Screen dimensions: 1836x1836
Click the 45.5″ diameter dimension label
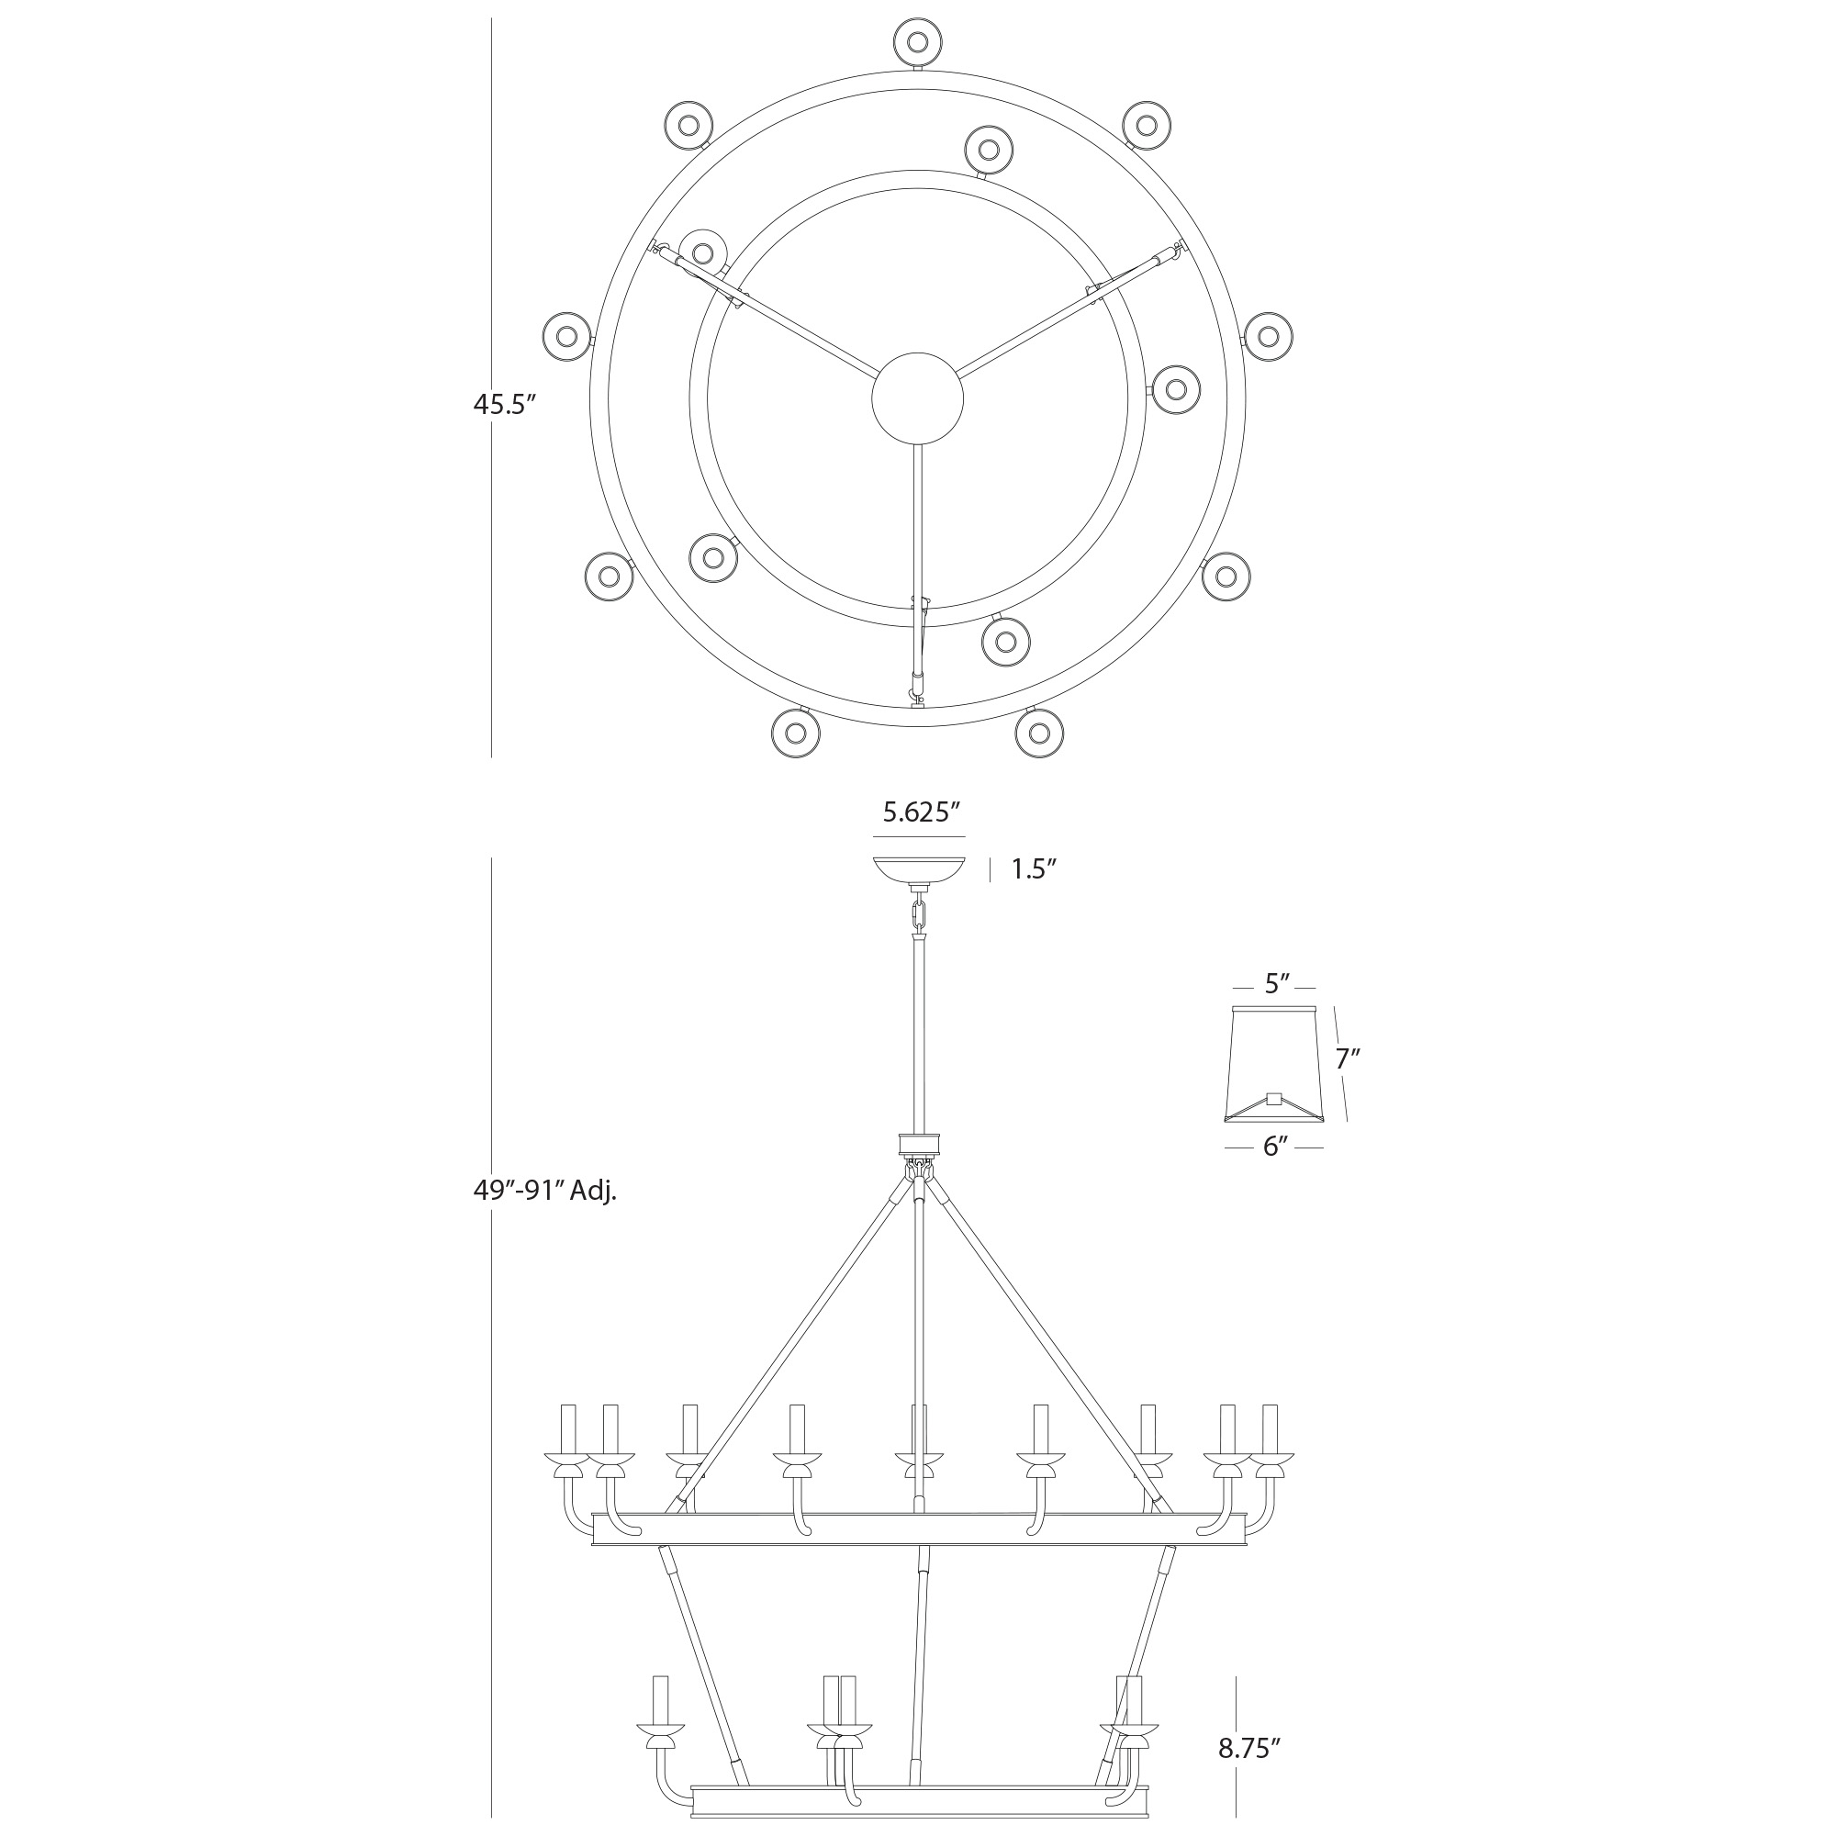506,404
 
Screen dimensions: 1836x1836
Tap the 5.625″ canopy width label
919,812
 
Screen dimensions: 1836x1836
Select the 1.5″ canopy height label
1034,869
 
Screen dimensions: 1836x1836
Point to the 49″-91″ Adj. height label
545,1191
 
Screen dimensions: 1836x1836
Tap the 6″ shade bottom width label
1274,1147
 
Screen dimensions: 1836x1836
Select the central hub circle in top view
917,397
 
